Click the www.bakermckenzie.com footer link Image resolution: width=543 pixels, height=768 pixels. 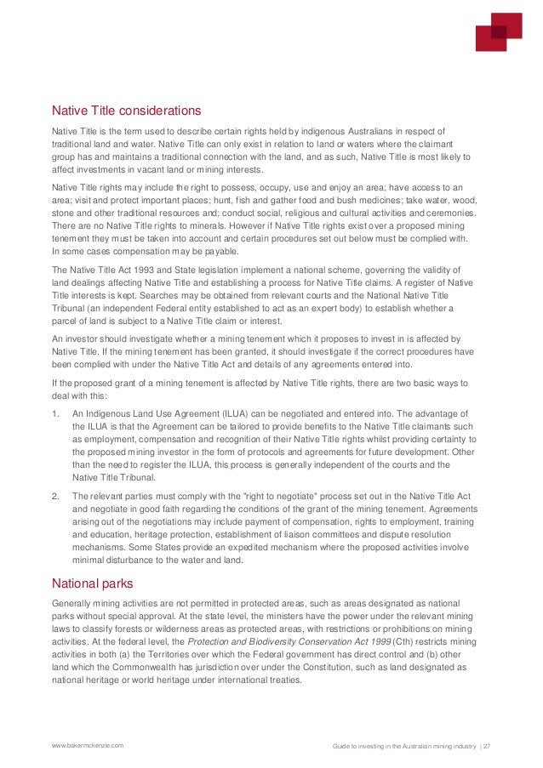pyautogui.click(x=88, y=745)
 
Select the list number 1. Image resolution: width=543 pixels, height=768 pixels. pyautogui.click(x=55, y=412)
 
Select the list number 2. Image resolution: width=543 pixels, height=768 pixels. pyautogui.click(x=55, y=494)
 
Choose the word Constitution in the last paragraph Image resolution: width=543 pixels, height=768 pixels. pyautogui.click(x=318, y=668)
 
